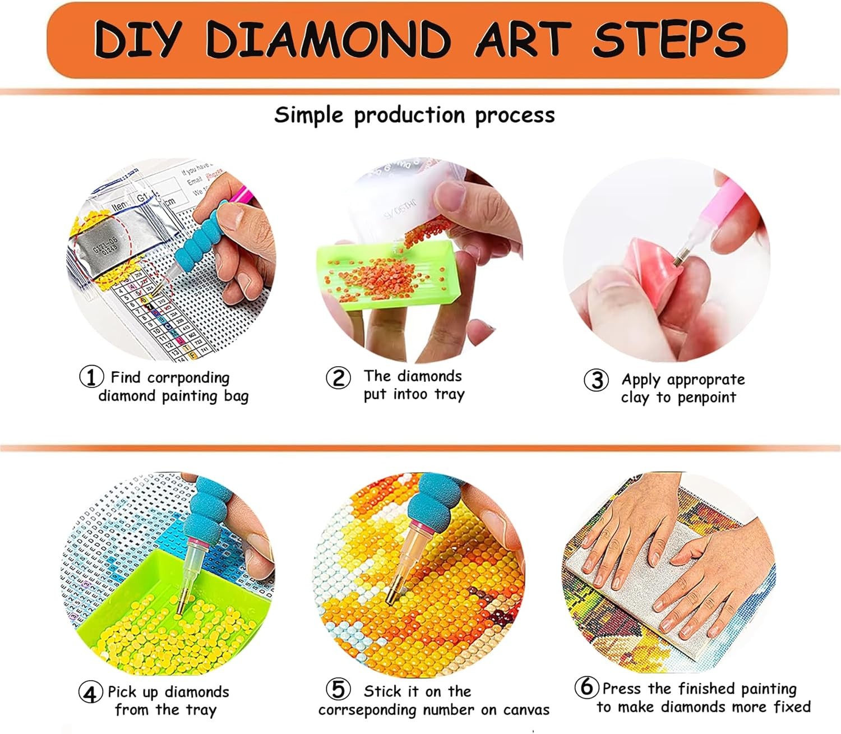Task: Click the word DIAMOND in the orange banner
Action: pos(328,39)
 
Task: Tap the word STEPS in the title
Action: pos(669,39)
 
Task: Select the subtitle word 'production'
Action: pos(409,115)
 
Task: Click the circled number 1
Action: pos(91,377)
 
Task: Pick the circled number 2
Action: pos(338,377)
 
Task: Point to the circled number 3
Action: pos(596,380)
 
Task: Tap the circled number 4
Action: pos(90,693)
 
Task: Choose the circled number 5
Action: pos(338,689)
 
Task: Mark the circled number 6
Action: pos(586,686)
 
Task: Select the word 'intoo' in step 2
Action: pos(410,394)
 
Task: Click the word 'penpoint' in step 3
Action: pos(706,398)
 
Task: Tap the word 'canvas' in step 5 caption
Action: pos(526,710)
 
